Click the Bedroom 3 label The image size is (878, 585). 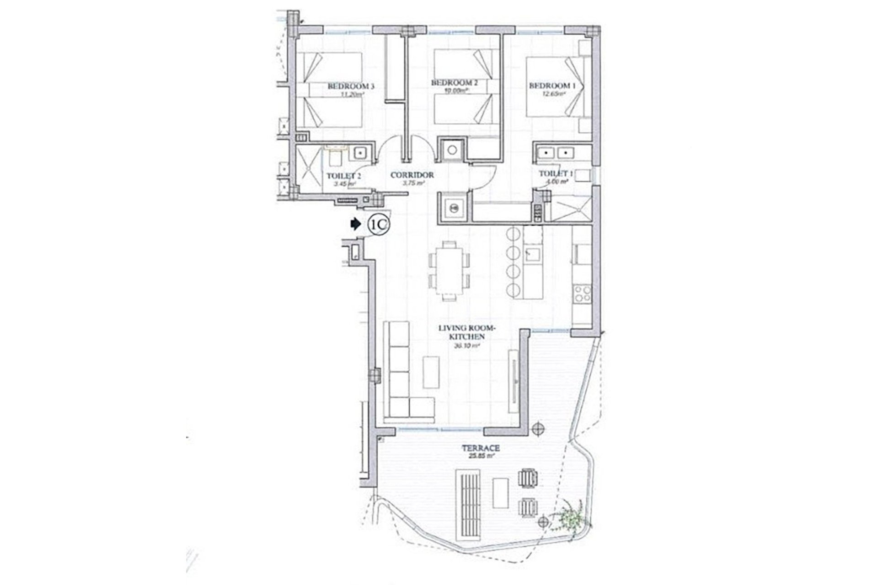pos(351,86)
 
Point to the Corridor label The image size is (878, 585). pos(412,175)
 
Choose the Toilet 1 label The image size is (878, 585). pos(556,174)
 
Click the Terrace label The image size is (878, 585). pos(480,448)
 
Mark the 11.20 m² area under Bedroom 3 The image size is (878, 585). pos(351,95)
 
